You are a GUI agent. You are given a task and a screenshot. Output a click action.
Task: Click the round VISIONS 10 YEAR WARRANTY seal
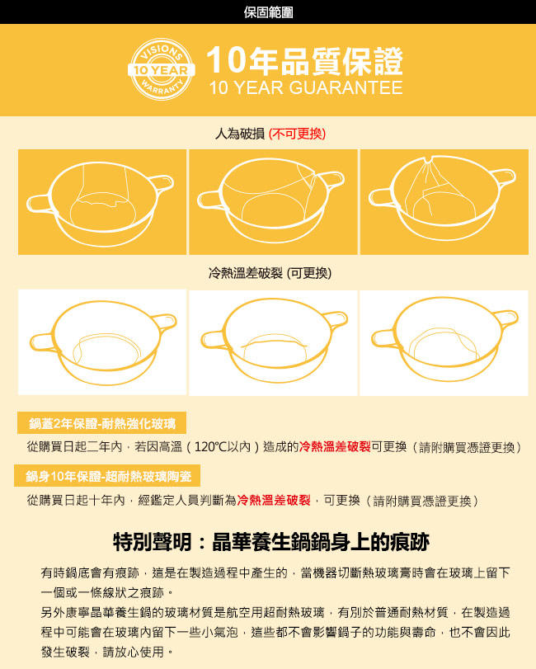[x=161, y=69]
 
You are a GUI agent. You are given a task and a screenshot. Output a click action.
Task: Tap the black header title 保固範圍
[x=268, y=12]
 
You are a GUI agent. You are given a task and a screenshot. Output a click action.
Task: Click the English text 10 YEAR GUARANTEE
[x=306, y=88]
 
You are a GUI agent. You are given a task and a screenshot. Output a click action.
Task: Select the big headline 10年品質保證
[x=304, y=59]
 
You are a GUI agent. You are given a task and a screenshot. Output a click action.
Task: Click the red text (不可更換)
[x=297, y=134]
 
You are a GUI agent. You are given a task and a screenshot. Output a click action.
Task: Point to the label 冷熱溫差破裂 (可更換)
[x=270, y=273]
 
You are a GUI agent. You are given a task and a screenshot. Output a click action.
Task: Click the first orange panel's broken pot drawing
[x=101, y=203]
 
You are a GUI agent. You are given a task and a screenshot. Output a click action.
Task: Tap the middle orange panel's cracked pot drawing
[x=271, y=200]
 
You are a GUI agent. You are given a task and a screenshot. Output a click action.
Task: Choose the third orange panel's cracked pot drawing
[x=443, y=199]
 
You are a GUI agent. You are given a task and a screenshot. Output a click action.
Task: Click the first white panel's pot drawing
[x=103, y=342]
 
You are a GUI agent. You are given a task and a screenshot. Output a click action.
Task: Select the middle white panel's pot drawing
[x=274, y=341]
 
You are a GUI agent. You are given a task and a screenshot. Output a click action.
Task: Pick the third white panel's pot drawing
[x=444, y=339]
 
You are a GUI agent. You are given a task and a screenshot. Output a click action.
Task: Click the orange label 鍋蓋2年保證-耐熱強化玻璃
[x=102, y=423]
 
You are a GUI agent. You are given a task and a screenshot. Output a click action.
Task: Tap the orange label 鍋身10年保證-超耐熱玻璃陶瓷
[x=107, y=476]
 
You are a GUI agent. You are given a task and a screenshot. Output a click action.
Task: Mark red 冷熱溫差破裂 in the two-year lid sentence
[x=335, y=447]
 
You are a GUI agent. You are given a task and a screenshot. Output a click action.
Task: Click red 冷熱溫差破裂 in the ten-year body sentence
[x=274, y=500]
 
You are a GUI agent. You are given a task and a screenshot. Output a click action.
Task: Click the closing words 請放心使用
[x=133, y=652]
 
